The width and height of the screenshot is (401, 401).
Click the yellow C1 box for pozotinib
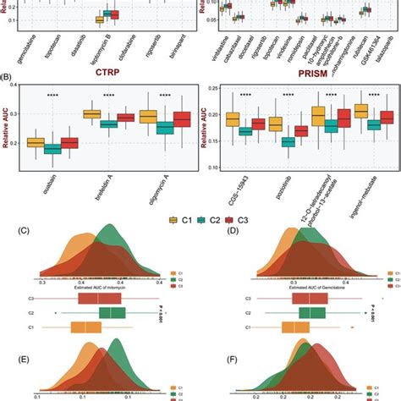[x=275, y=124]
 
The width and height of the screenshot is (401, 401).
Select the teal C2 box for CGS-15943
[x=245, y=131]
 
